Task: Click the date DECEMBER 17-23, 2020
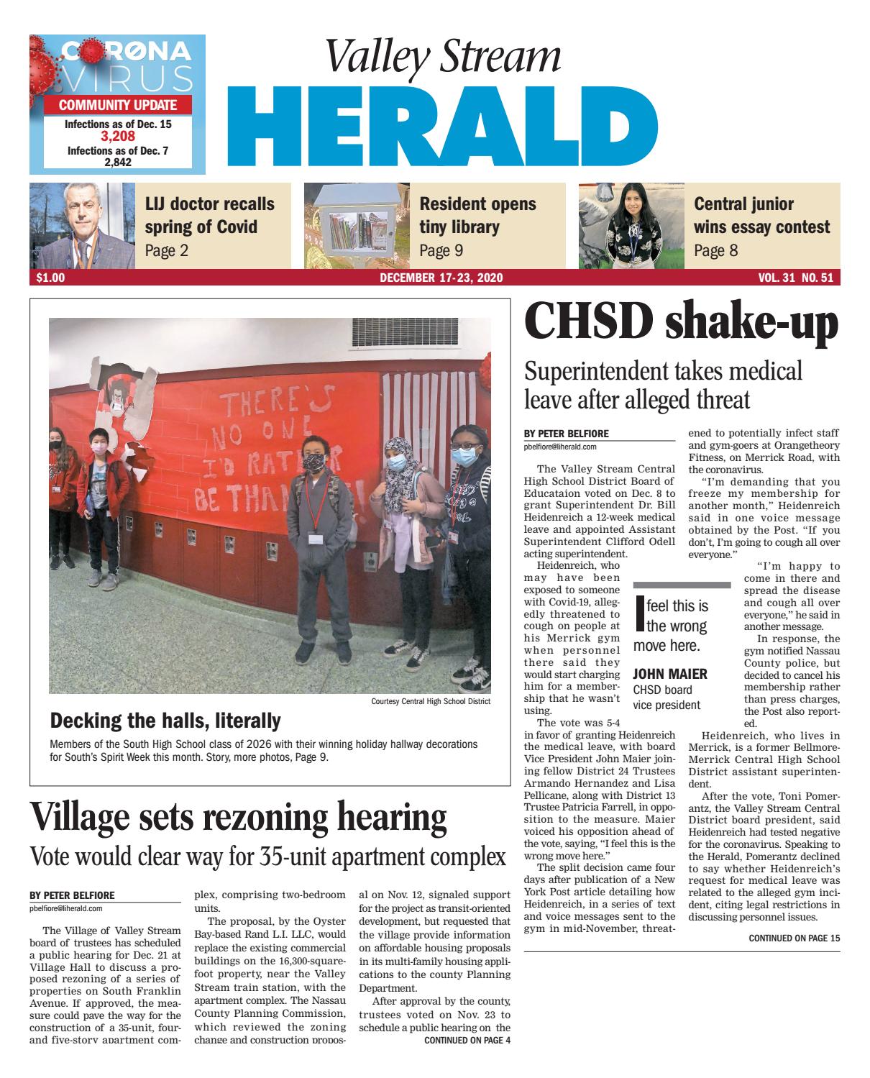pyautogui.click(x=441, y=278)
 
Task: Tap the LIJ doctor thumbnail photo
pyautogui.click(x=82, y=225)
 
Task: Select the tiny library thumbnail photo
pyautogui.click(x=356, y=225)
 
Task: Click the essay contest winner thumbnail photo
pyautogui.click(x=631, y=225)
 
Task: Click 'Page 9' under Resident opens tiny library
pyautogui.click(x=441, y=250)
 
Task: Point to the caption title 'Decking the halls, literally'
pyautogui.click(x=165, y=720)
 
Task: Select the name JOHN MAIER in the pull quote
pyautogui.click(x=670, y=674)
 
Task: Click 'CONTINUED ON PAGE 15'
pyautogui.click(x=794, y=938)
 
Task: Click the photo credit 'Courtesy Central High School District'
pyautogui.click(x=431, y=701)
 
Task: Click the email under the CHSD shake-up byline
pyautogui.click(x=561, y=447)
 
